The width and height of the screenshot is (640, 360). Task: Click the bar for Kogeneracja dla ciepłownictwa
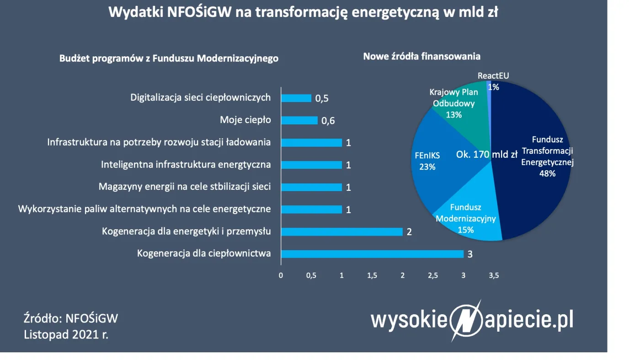tap(372, 254)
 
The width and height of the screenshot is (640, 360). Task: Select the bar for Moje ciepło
tap(299, 120)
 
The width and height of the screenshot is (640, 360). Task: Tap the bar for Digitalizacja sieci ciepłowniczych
tap(296, 98)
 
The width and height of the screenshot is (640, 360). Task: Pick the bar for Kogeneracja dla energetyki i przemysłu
tap(341, 231)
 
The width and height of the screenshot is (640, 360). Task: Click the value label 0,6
tap(328, 121)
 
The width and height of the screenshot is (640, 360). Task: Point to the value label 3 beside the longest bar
tap(469, 254)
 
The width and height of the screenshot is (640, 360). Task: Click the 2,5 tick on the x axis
tap(432, 276)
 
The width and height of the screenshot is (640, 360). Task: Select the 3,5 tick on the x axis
tap(494, 276)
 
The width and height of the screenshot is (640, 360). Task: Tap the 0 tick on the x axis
tap(281, 276)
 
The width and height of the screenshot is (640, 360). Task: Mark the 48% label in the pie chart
tap(547, 173)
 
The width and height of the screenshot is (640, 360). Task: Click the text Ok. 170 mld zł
tap(486, 154)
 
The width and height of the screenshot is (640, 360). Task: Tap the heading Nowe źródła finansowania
tap(421, 57)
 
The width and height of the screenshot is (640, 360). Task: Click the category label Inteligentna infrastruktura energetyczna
tap(186, 165)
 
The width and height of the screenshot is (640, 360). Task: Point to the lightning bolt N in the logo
tap(467, 320)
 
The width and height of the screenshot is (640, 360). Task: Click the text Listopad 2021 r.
tap(66, 335)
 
